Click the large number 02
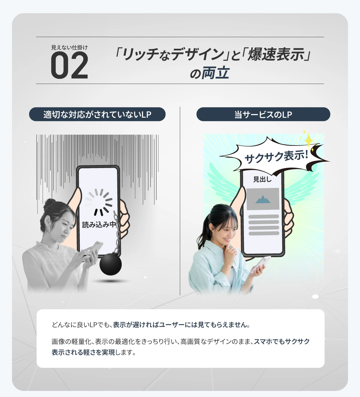pyautogui.click(x=69, y=65)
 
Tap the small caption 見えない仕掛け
pyautogui.click(x=69, y=47)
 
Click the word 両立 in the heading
pyautogui.click(x=215, y=73)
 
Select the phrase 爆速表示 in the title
pyautogui.click(x=276, y=54)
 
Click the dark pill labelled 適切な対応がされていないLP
pyautogui.click(x=97, y=114)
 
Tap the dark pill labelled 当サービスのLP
pyautogui.click(x=263, y=114)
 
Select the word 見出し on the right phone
pyautogui.click(x=262, y=179)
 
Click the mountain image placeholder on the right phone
pyautogui.click(x=263, y=199)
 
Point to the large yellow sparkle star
pyautogui.click(x=308, y=140)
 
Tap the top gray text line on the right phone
pyautogui.click(x=264, y=217)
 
